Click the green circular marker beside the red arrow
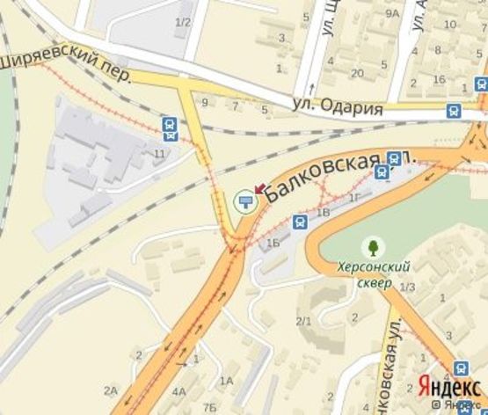pos(245,202)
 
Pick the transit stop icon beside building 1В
pos(300,222)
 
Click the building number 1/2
pos(183,21)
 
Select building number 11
pos(159,155)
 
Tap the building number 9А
pos(392,13)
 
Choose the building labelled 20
pos(357,73)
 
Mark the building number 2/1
pos(303,321)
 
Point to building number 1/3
pos(407,288)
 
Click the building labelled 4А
pos(179,392)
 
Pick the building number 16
pos(438,80)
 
